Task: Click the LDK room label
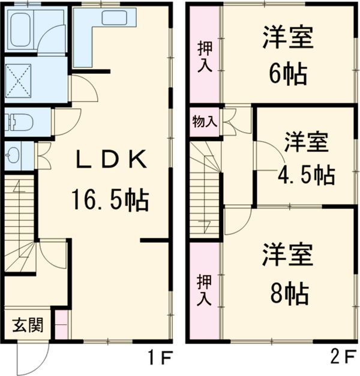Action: pyautogui.click(x=111, y=159)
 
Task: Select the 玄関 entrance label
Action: pyautogui.click(x=28, y=325)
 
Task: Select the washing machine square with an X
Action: pyautogui.click(x=18, y=80)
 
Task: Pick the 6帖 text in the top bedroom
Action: pyautogui.click(x=288, y=74)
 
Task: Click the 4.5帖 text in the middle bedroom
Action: pyautogui.click(x=306, y=174)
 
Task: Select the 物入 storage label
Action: pyautogui.click(x=205, y=121)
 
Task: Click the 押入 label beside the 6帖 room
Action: pyautogui.click(x=205, y=56)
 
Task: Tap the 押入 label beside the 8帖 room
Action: pyautogui.click(x=204, y=290)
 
